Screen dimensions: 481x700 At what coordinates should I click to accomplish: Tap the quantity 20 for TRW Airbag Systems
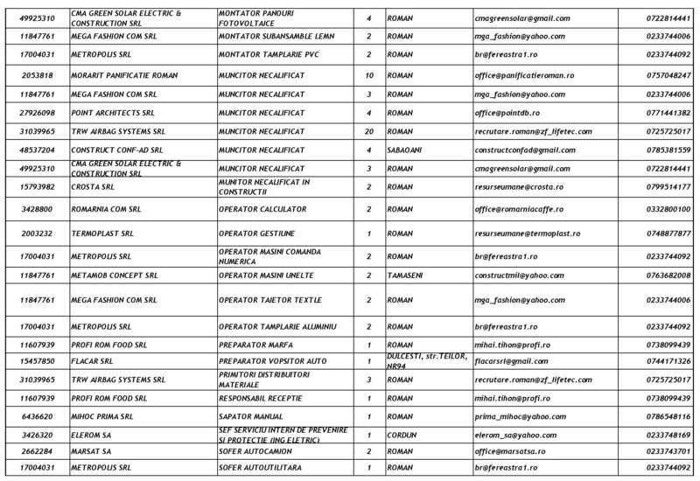pos(369,130)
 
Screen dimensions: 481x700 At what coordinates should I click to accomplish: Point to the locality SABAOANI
pos(406,149)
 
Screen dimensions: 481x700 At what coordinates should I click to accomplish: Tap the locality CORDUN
pos(401,434)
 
